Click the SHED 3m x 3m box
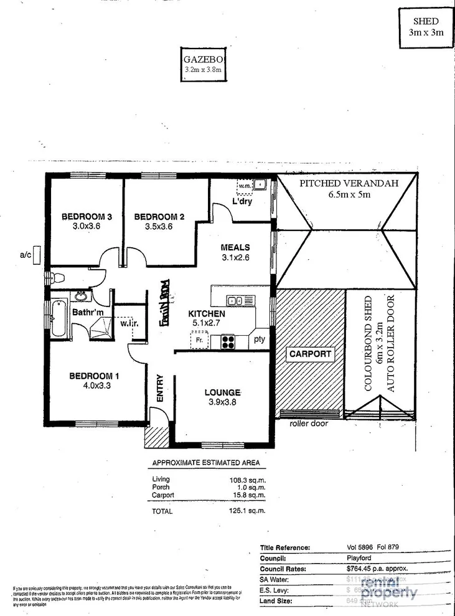(426, 27)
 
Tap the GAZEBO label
(203, 60)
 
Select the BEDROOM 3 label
(86, 217)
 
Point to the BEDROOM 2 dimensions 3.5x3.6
(159, 227)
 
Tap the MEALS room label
(235, 247)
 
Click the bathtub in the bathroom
(59, 318)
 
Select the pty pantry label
(260, 340)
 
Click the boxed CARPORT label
(311, 354)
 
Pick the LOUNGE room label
(222, 392)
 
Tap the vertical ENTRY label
(159, 387)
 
